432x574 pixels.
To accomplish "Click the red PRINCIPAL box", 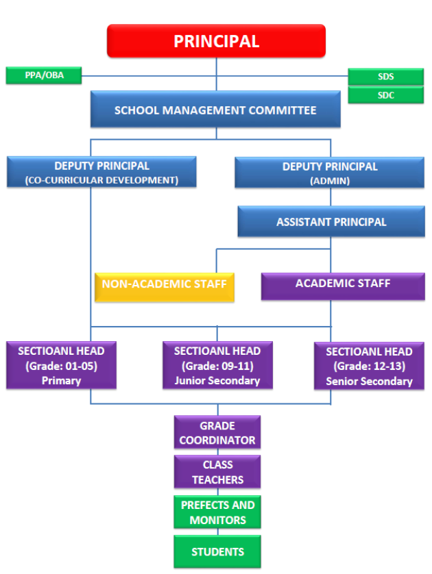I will tap(216, 41).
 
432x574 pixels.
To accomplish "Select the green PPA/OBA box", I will tap(43, 75).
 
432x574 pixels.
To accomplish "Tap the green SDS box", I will tap(385, 77).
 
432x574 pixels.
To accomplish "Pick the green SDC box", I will tap(385, 95).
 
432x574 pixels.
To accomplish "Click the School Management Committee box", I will tap(215, 110).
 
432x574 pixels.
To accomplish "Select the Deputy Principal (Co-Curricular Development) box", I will tap(101, 173).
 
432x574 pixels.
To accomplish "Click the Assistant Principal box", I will tap(331, 222).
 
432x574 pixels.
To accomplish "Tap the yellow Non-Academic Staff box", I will tap(165, 284).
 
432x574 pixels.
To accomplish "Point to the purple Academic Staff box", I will tap(343, 284).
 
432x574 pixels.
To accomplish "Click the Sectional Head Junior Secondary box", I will tap(217, 366).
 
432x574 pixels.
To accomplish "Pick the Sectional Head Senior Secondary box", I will tap(369, 366).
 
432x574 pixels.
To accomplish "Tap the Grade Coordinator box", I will tap(217, 433).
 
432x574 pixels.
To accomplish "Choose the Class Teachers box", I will tap(217, 473).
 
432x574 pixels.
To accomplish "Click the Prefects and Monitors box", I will tap(217, 512).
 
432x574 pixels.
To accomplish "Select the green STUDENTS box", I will tap(217, 551).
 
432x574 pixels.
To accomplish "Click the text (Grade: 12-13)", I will tap(369, 366).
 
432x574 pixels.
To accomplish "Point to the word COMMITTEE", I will tap(283, 110).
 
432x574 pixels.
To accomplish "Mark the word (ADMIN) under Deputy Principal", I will tap(330, 180).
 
